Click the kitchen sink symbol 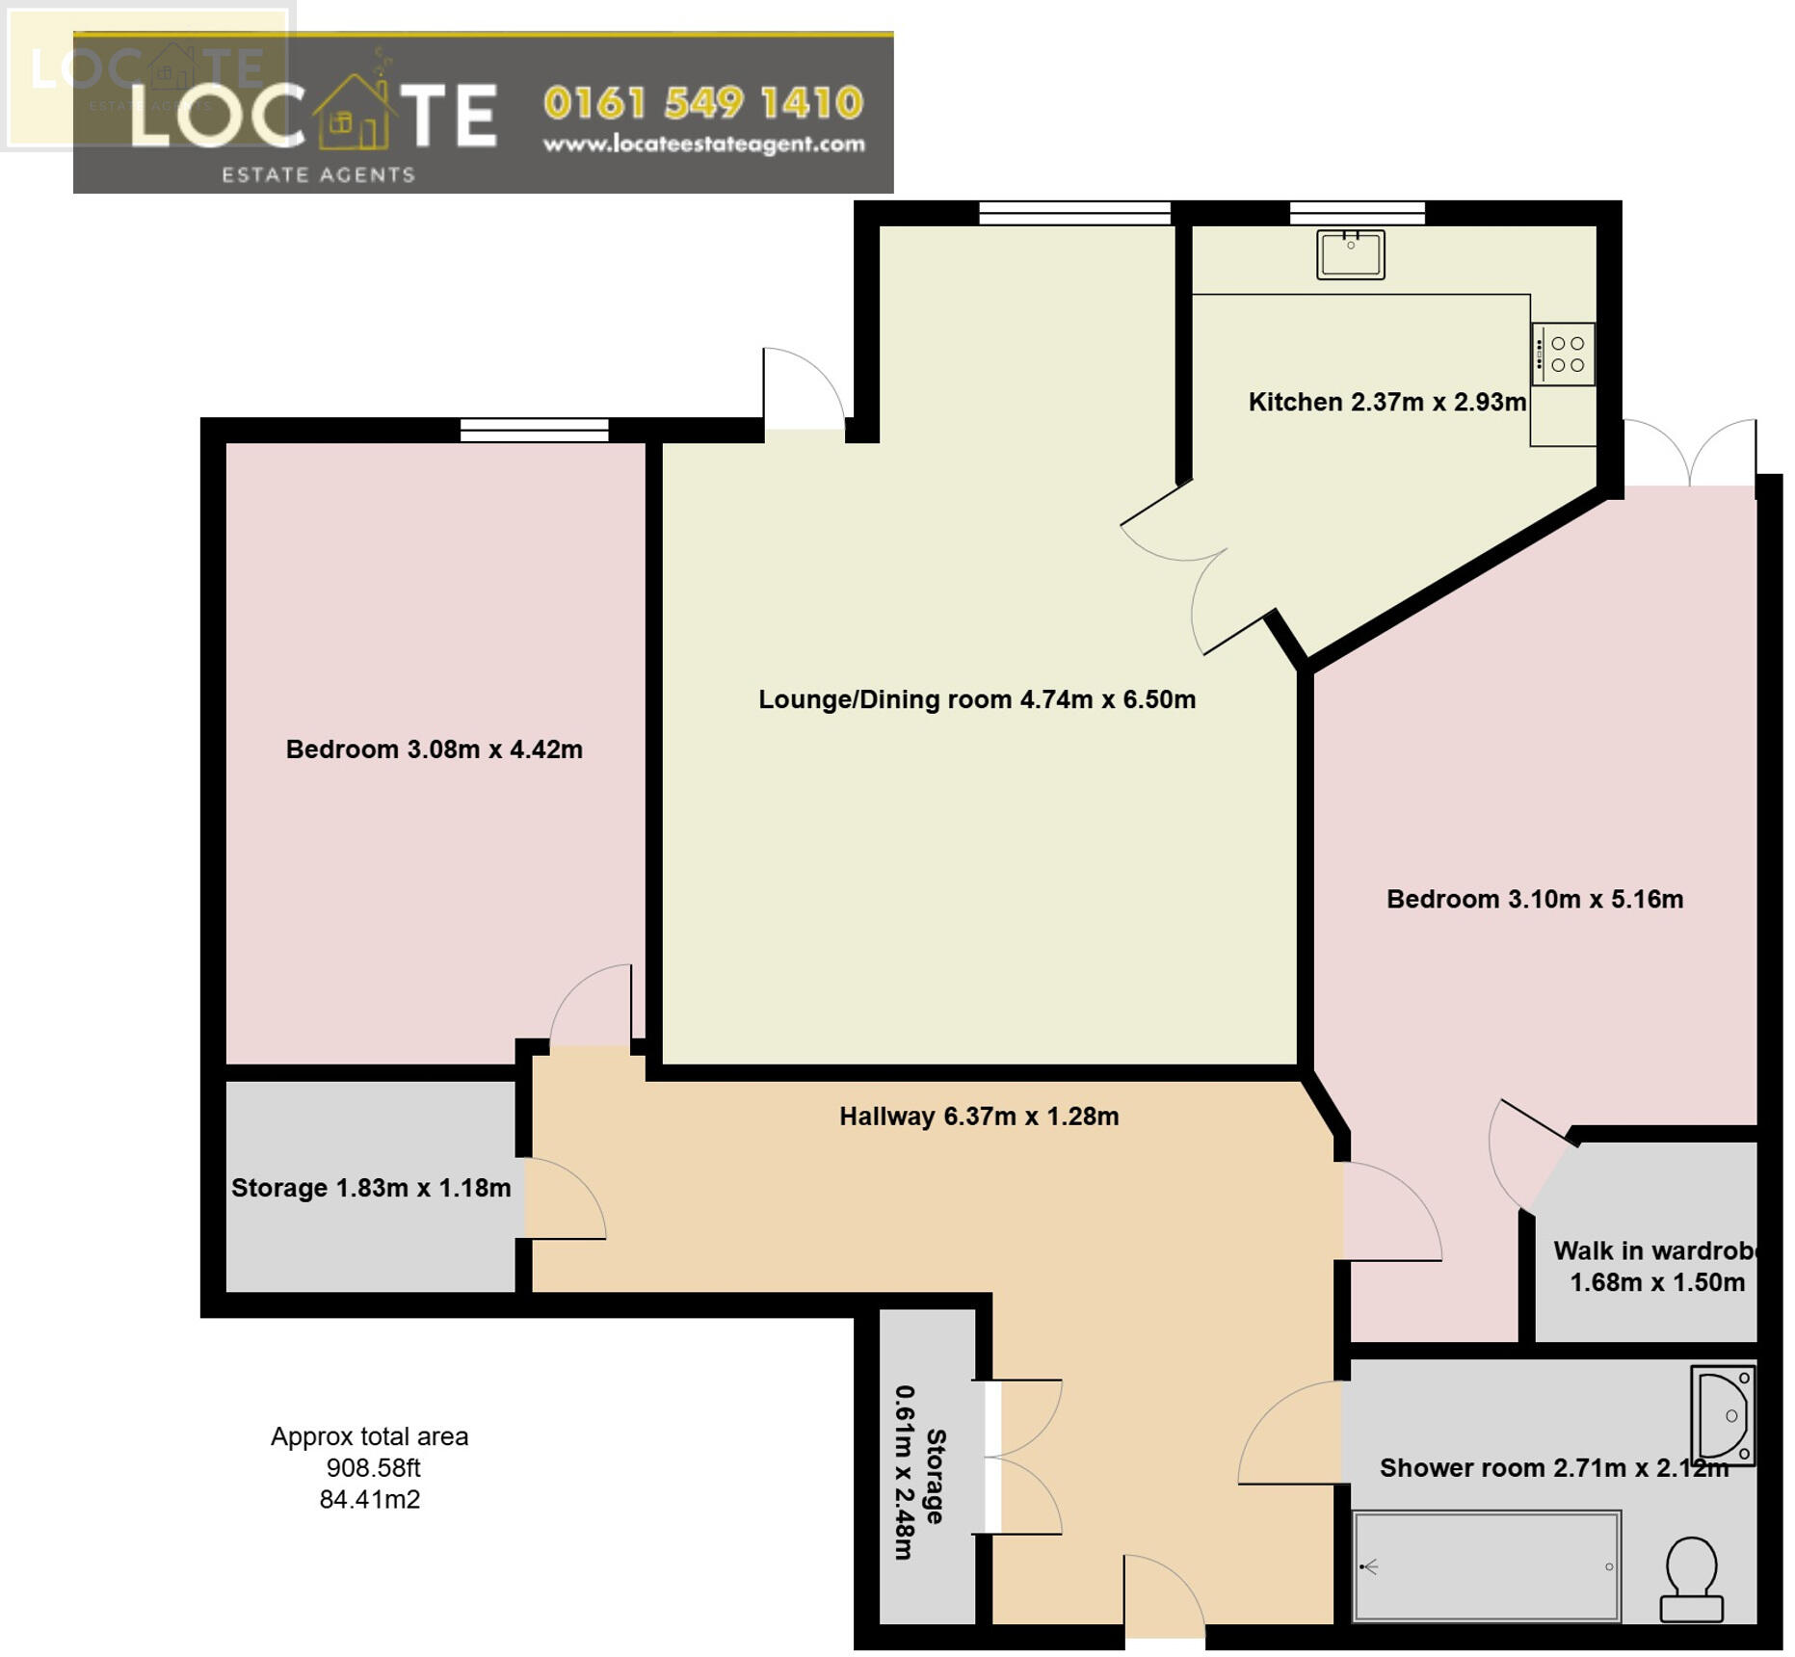[x=1350, y=255]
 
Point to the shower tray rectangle [x=1487, y=1566]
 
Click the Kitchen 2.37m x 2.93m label [x=1386, y=403]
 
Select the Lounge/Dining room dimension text [x=976, y=700]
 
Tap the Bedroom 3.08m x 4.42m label [x=434, y=750]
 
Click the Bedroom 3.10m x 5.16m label [x=1534, y=900]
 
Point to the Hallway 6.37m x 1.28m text [x=978, y=1117]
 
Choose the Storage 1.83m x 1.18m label [x=371, y=1188]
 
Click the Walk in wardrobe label [x=1656, y=1266]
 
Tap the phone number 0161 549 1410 [x=703, y=103]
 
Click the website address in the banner [x=703, y=145]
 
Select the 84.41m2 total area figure [x=369, y=1500]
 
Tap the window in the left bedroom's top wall [x=534, y=430]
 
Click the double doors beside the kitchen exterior [x=1688, y=453]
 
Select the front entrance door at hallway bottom [x=1164, y=1599]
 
